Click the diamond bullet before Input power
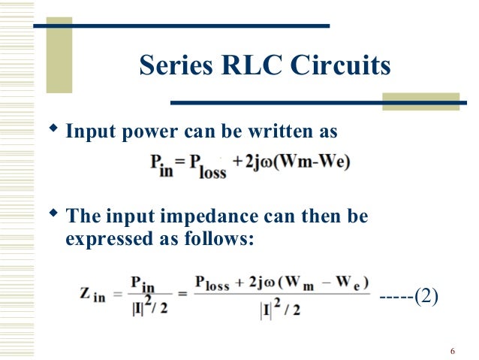[53, 131]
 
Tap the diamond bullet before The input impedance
[53, 215]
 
